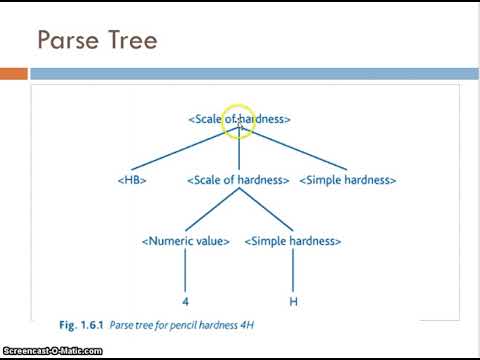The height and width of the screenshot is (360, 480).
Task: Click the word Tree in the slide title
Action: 129,41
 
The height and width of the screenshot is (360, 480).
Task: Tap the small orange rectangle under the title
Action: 13,74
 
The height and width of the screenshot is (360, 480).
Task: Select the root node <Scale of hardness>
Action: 239,119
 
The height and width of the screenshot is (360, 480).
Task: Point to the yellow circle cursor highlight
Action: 239,122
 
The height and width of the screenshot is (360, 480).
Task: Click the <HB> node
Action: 133,180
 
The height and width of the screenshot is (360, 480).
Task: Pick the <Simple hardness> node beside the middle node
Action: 347,180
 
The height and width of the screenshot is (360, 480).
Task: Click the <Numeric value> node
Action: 186,241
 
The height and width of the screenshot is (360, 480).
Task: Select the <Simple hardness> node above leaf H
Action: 293,241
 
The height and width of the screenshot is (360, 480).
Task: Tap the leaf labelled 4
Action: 186,301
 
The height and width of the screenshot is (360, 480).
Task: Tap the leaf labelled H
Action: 293,301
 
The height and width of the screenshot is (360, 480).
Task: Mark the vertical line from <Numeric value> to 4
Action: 186,271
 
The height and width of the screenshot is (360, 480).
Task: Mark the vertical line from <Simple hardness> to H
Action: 293,271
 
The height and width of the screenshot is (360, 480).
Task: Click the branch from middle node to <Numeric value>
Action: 212,211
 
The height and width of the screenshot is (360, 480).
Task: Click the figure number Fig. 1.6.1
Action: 82,325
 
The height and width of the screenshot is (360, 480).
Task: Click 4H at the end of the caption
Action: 258,325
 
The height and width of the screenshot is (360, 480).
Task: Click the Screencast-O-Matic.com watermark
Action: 52,351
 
